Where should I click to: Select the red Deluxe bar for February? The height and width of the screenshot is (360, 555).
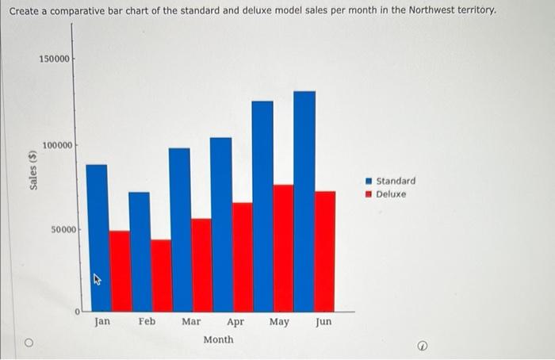click(x=161, y=275)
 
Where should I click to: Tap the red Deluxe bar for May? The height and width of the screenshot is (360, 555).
click(x=283, y=247)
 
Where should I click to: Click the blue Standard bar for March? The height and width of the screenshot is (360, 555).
click(x=180, y=229)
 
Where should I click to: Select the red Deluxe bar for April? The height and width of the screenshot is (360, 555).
click(x=243, y=257)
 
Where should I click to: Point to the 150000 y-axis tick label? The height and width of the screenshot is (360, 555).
click(x=55, y=59)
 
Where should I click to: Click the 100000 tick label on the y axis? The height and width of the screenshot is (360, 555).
click(x=58, y=145)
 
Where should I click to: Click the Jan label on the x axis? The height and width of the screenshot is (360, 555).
click(x=102, y=322)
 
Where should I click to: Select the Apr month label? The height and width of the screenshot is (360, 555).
click(x=235, y=322)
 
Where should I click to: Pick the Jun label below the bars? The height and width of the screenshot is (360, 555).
click(x=323, y=322)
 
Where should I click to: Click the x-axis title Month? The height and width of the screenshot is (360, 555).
click(x=218, y=339)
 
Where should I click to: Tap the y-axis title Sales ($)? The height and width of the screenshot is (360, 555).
click(x=33, y=169)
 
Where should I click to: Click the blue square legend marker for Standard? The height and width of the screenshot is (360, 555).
click(x=368, y=181)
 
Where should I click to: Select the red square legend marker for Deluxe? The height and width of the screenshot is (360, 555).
click(x=368, y=193)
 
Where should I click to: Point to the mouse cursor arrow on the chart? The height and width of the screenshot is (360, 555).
click(x=98, y=279)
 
